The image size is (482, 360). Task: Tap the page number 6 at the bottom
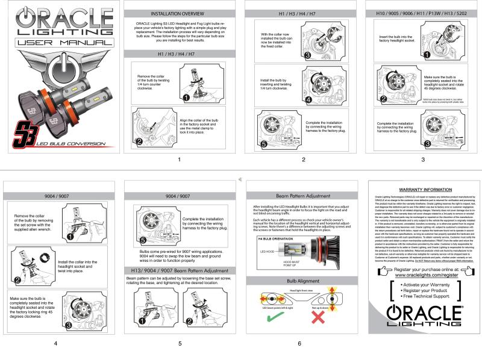pos(299,343)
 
